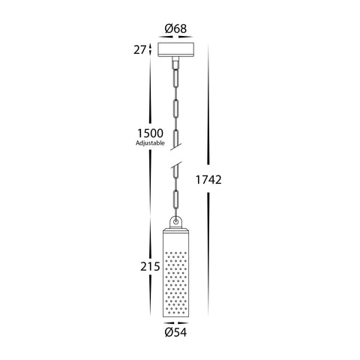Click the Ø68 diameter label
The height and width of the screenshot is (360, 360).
[x=175, y=28]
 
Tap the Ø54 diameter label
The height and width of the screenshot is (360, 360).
[x=175, y=332]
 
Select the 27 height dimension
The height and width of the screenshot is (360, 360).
[x=139, y=50]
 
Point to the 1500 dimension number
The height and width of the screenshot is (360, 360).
[x=150, y=133]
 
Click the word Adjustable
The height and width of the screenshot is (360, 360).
[x=150, y=143]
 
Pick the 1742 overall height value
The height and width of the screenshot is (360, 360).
[x=208, y=180]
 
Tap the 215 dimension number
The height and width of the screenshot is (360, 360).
[x=150, y=267]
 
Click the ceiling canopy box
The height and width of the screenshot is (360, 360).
[x=176, y=49]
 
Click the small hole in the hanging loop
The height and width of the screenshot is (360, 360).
[x=176, y=221]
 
